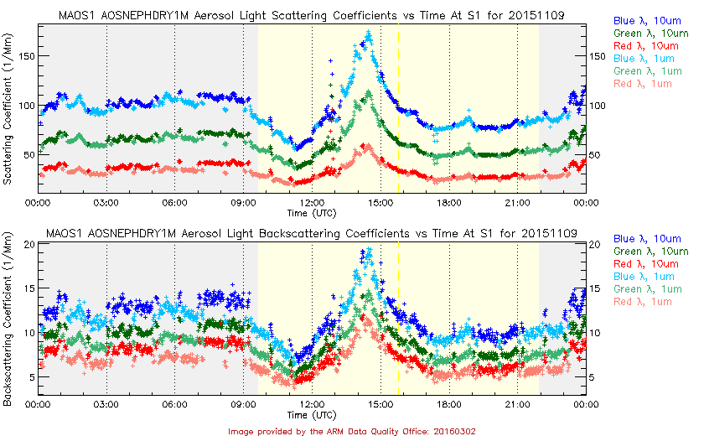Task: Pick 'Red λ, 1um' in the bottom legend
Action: tap(643, 302)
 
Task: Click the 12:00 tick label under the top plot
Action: tap(312, 202)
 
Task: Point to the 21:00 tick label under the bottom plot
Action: tap(517, 404)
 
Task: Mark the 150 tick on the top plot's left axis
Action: tap(23, 56)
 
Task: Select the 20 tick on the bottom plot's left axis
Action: tap(28, 244)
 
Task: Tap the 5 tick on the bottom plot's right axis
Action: tap(593, 377)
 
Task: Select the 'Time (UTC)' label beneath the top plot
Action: tap(312, 214)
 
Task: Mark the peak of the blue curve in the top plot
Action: tap(369, 33)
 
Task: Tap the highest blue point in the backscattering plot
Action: tap(368, 249)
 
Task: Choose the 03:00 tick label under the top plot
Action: tap(106, 202)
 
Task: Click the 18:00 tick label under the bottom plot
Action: tap(448, 404)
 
